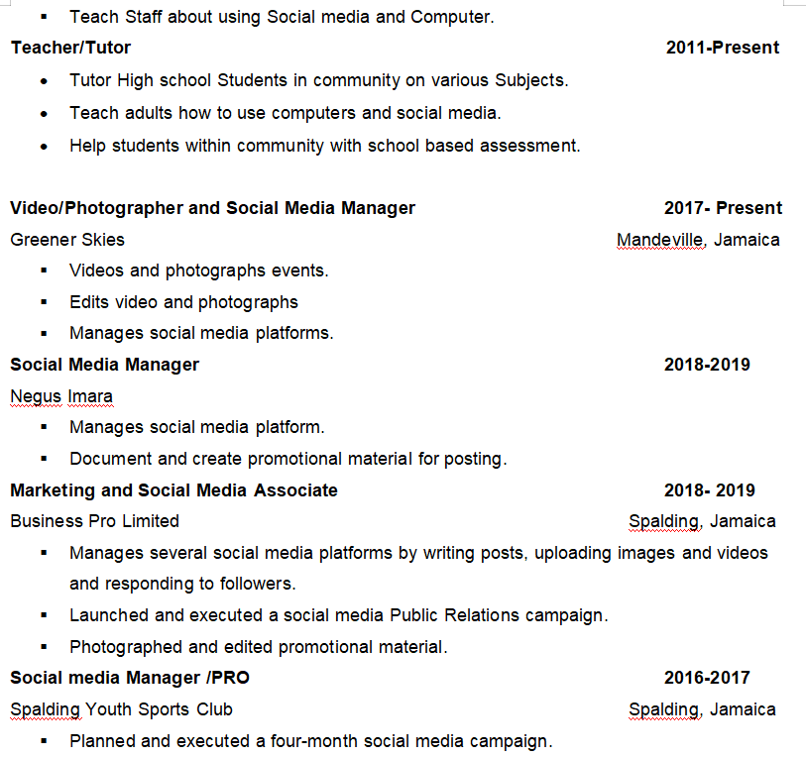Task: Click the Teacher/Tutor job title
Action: coord(70,48)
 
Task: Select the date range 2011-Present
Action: coord(722,48)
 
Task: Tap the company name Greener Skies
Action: coord(67,240)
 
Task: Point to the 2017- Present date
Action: coord(723,208)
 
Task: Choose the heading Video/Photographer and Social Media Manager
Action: coord(212,208)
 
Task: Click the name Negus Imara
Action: coord(61,396)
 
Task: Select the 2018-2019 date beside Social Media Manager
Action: coord(706,365)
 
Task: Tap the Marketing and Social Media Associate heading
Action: coord(173,490)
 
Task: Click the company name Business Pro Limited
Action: coord(94,521)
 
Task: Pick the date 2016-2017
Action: coord(706,678)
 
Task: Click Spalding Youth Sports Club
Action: coord(121,709)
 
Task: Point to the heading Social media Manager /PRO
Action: coord(130,678)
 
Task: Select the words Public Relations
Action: coord(455,615)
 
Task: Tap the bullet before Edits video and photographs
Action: coord(44,302)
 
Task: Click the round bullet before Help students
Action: coord(44,147)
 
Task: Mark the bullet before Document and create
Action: coord(44,459)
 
